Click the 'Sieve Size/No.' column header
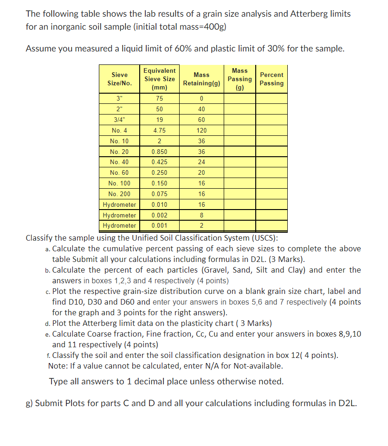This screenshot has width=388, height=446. click(119, 79)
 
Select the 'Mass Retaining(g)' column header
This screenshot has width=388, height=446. click(201, 79)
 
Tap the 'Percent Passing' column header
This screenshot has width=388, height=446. click(272, 79)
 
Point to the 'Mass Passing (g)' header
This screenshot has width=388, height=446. click(239, 79)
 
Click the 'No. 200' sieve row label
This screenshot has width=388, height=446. click(119, 194)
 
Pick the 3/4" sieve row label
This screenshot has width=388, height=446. click(119, 120)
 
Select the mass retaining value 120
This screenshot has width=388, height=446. click(201, 130)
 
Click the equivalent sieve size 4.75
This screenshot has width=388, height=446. click(159, 130)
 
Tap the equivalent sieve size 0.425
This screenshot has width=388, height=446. click(159, 162)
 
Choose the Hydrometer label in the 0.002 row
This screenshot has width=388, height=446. click(119, 216)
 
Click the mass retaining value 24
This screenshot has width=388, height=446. click(201, 162)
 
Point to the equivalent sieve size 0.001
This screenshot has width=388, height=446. click(159, 226)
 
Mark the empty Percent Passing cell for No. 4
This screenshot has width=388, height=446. click(272, 130)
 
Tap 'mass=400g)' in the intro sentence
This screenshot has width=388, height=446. click(204, 26)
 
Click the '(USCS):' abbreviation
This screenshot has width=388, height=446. click(265, 238)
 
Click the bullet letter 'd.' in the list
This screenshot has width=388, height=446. click(48, 323)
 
